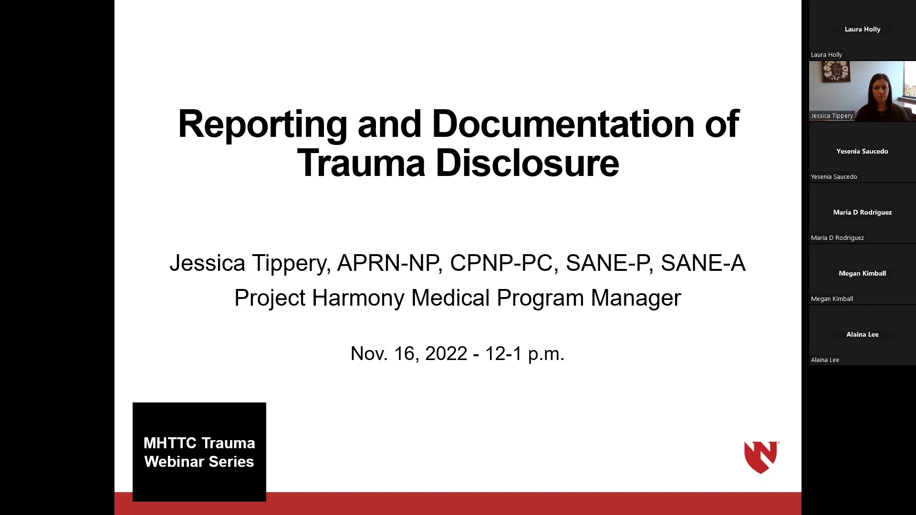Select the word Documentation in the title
[563, 124]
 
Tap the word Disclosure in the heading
[527, 164]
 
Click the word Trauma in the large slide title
[361, 164]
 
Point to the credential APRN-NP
[388, 263]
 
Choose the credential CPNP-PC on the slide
[501, 263]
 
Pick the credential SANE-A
[703, 263]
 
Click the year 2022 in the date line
[446, 354]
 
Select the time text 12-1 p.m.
[524, 354]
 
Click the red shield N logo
[761, 457]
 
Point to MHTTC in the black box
[170, 443]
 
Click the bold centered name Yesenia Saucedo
[862, 151]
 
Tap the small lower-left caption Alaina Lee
[825, 360]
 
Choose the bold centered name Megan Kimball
[862, 273]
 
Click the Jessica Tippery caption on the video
[832, 116]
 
